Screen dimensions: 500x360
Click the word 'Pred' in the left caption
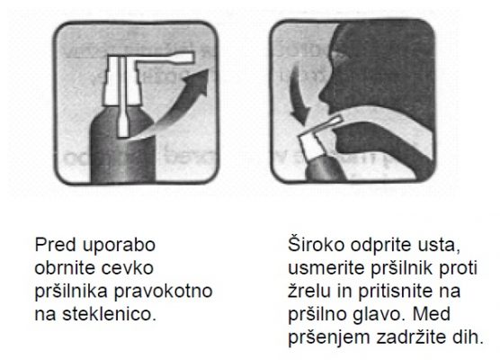pos(56,245)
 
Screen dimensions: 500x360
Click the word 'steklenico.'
pos(110,314)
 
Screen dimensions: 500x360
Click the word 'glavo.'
pos(379,315)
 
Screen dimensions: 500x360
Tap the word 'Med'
pos(432,314)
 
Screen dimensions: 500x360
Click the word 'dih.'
pos(468,337)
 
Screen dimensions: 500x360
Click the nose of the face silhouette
pos(324,94)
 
